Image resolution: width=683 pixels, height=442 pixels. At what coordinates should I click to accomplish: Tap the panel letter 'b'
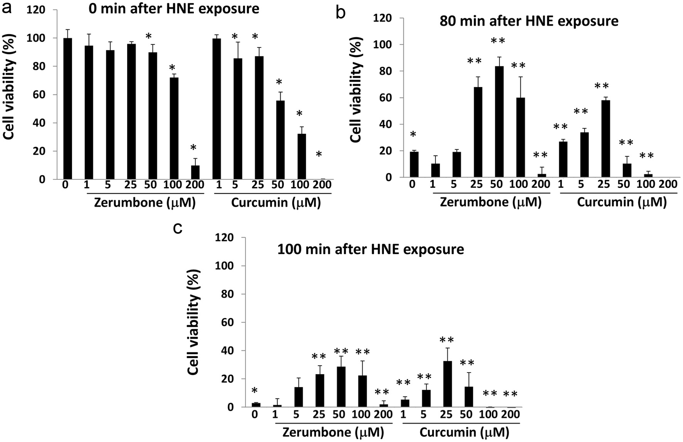(341, 13)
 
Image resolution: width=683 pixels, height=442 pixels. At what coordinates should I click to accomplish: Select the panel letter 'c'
(178, 228)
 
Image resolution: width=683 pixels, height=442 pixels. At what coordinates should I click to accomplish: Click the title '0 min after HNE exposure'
(174, 8)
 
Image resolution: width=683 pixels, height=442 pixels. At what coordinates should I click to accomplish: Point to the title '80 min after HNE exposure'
(529, 21)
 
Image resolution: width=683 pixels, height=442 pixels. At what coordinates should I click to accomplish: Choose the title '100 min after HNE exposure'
(370, 249)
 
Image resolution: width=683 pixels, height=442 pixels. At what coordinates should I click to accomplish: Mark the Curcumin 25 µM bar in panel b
(605, 139)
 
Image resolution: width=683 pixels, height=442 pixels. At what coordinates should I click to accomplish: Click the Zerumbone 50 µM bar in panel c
(341, 387)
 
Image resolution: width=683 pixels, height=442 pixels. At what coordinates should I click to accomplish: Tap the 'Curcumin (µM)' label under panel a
(276, 203)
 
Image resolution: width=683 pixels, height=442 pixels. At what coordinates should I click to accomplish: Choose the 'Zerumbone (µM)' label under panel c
(333, 432)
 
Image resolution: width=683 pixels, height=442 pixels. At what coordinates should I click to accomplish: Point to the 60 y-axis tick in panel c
(226, 322)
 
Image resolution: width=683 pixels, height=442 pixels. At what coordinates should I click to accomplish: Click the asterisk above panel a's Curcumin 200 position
(319, 155)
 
